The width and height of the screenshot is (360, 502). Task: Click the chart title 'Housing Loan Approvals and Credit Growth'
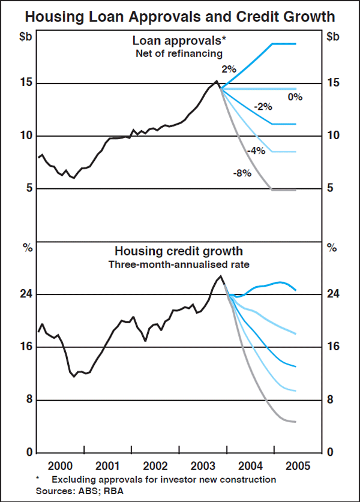click(x=180, y=14)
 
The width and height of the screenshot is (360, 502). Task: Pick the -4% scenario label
click(x=256, y=151)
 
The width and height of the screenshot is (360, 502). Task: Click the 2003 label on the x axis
click(x=203, y=465)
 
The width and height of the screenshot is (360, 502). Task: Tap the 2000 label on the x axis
click(x=62, y=465)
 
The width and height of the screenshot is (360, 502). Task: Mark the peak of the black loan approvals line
click(x=217, y=80)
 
